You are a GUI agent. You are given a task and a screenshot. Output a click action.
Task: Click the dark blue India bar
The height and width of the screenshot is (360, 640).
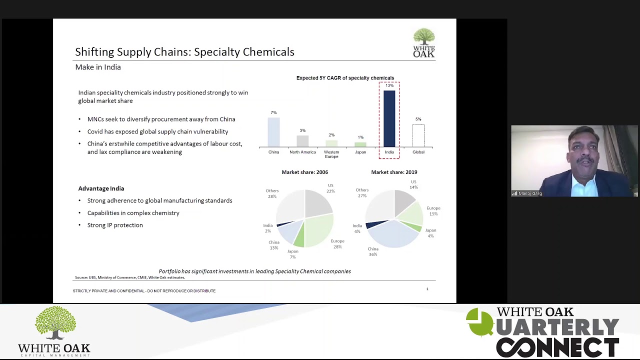point(389,118)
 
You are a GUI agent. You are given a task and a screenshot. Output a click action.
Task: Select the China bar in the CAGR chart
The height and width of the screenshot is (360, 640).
point(273,132)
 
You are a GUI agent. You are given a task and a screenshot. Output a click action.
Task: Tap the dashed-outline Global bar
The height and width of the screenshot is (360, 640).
point(418,135)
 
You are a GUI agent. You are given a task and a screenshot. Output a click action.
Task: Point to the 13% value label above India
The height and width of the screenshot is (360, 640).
point(389,85)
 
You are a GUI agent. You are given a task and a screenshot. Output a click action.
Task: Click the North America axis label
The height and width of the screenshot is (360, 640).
point(302,152)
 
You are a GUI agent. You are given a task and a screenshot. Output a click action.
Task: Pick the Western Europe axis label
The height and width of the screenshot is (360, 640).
point(331,154)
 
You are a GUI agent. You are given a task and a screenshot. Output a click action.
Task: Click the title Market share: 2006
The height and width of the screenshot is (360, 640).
point(304,172)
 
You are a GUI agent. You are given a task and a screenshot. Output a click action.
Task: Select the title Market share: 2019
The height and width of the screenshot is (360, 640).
point(394,172)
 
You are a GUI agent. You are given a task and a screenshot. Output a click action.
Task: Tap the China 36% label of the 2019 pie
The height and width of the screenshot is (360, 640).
point(373,251)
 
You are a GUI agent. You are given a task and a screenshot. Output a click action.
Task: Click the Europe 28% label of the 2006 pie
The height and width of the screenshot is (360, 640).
point(337,243)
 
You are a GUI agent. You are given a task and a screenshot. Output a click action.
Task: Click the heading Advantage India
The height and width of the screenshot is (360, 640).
point(101,188)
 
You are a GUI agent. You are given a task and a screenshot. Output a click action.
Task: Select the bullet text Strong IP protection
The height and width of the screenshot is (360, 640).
point(115,225)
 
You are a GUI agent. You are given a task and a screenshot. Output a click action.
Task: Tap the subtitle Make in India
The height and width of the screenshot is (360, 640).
point(98,67)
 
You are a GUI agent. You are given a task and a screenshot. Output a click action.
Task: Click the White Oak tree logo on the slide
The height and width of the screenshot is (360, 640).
point(424,42)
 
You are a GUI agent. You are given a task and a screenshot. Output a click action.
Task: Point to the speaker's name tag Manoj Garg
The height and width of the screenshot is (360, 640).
point(530,193)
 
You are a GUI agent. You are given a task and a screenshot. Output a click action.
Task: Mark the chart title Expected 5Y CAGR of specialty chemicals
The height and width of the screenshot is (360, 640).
point(345,78)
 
